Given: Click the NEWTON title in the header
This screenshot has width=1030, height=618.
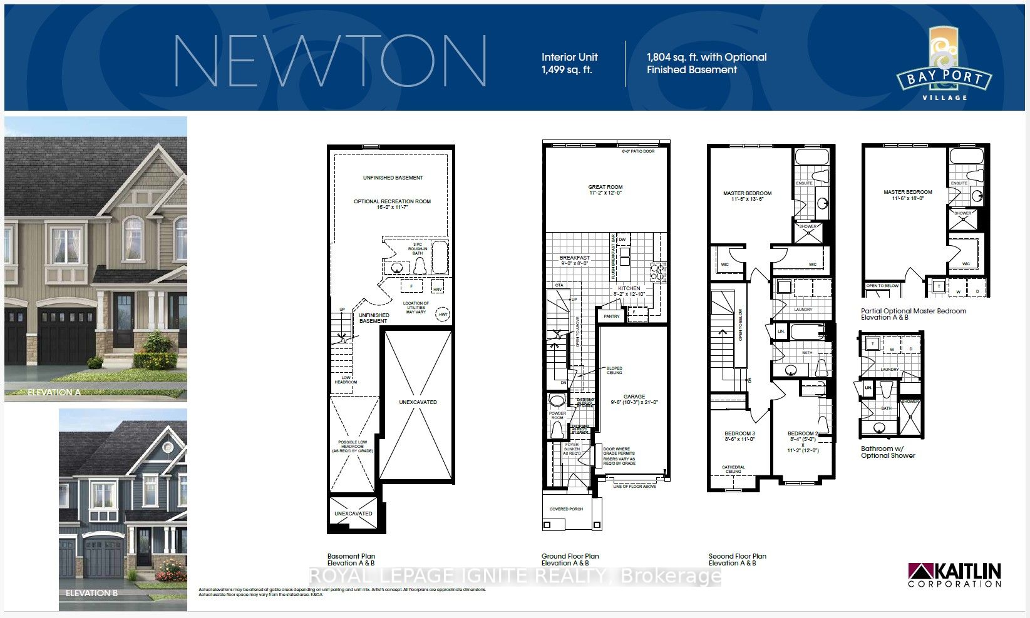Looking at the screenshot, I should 330,61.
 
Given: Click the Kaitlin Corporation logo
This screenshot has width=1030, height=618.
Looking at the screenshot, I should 954,575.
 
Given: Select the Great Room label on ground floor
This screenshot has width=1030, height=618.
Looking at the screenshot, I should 605,190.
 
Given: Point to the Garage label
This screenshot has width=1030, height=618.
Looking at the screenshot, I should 634,399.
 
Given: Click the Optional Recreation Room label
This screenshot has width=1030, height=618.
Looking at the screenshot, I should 392,204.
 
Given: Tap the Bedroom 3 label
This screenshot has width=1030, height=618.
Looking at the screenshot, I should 739,436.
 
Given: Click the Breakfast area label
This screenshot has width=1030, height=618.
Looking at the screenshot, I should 574,260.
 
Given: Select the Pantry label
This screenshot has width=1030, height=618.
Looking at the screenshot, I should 611,317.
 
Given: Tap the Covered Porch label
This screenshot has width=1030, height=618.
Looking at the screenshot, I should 566,509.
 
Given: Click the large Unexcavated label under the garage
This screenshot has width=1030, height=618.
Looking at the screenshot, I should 418,402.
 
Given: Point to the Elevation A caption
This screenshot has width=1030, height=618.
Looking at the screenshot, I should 54,392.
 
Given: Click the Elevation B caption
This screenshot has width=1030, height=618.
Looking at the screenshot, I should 91,592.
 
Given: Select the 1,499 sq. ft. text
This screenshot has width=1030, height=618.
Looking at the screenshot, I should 567,70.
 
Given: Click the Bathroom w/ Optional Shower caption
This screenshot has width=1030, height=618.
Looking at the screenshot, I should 887,452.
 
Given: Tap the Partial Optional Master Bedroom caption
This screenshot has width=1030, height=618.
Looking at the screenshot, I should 913,314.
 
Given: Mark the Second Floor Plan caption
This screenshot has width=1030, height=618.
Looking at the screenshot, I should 737,559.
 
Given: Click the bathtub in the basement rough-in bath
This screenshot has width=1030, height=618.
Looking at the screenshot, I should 440,258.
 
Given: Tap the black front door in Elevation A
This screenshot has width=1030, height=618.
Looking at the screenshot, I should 124,321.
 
